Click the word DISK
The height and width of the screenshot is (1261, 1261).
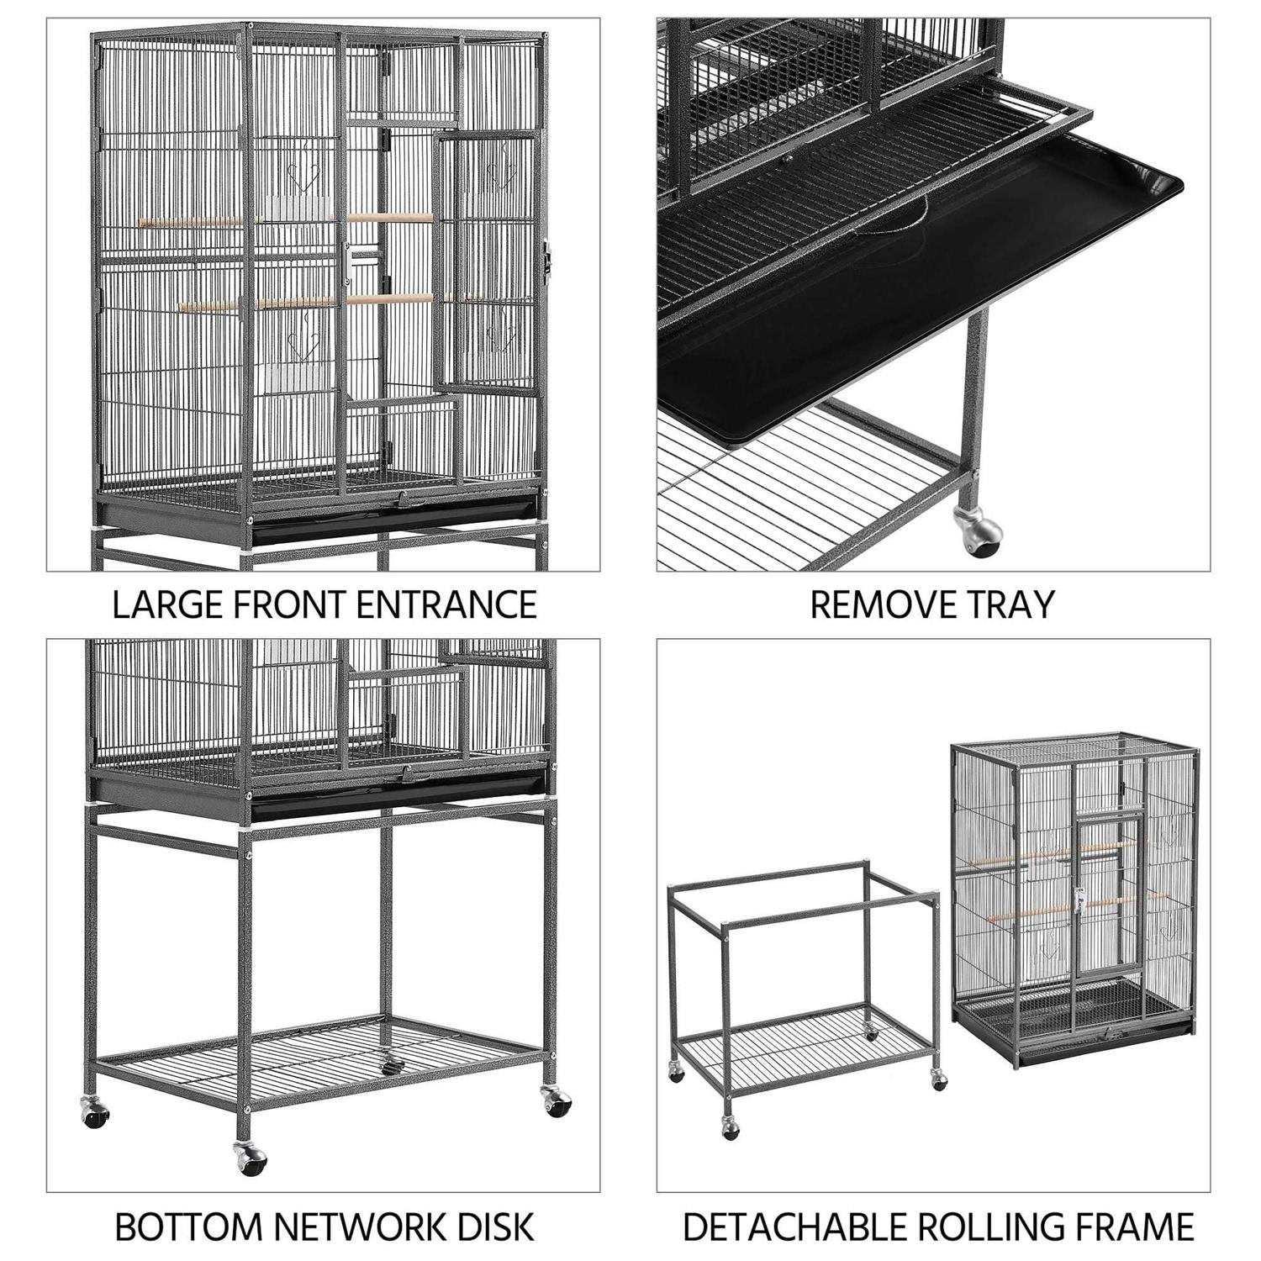coord(495,1227)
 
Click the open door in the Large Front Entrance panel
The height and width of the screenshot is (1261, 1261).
coord(488,261)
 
